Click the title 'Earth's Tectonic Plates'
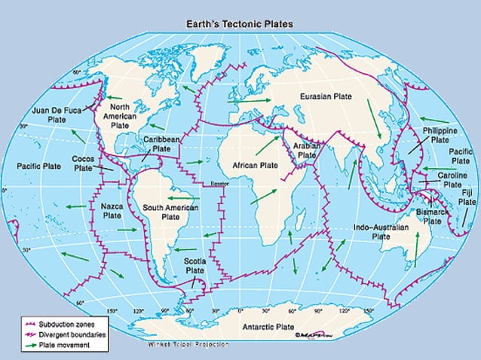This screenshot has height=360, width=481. tap(240, 23)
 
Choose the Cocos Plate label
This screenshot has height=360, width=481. tap(83, 164)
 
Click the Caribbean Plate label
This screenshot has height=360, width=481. tap(161, 145)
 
